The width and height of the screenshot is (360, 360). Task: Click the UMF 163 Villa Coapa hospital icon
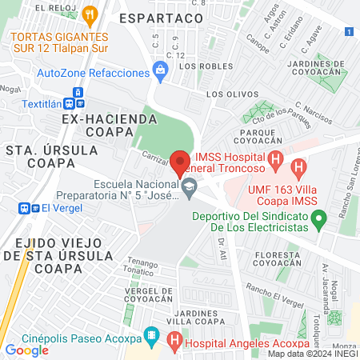(x=300, y=168)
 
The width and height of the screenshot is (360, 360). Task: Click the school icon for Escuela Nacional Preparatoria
(x=190, y=190)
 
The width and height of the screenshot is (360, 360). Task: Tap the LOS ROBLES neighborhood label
(x=201, y=66)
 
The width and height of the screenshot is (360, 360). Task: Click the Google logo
(x=26, y=350)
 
